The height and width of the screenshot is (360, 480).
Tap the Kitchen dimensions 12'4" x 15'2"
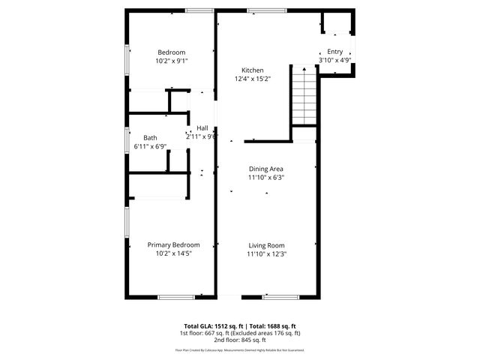point(252,78)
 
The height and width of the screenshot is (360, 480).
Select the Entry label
point(334,51)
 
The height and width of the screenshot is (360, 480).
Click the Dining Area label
point(266,169)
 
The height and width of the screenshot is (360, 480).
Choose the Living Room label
point(266,245)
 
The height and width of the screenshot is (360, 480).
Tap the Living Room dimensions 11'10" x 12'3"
point(266,253)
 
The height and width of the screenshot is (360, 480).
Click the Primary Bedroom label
point(173,245)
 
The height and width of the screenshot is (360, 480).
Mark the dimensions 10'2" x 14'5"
point(173,253)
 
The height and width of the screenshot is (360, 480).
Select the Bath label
point(151,137)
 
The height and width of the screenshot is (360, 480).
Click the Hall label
point(202,128)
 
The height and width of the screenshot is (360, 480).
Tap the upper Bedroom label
point(171,52)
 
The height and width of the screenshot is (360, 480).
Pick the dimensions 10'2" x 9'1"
point(171,60)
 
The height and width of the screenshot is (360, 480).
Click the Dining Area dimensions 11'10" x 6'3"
point(266,178)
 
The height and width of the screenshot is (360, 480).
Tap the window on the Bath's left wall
point(126,139)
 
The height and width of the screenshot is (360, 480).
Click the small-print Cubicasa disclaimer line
point(239,349)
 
